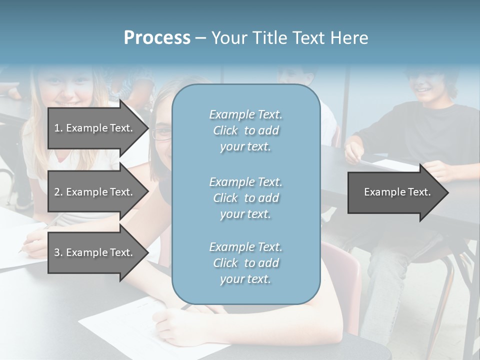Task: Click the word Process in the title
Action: tap(157, 38)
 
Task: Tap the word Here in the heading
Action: tap(348, 38)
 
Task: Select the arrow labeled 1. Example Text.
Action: tap(95, 128)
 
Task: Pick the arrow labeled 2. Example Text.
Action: tap(95, 192)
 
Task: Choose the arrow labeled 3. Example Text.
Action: tap(95, 252)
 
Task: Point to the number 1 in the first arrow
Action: tap(57, 128)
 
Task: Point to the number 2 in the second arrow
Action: tap(57, 192)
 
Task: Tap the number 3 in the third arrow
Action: tap(57, 252)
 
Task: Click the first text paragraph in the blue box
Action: tap(245, 130)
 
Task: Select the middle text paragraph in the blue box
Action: tap(245, 198)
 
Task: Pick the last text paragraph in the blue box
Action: tap(245, 263)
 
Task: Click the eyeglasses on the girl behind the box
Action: tap(161, 133)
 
